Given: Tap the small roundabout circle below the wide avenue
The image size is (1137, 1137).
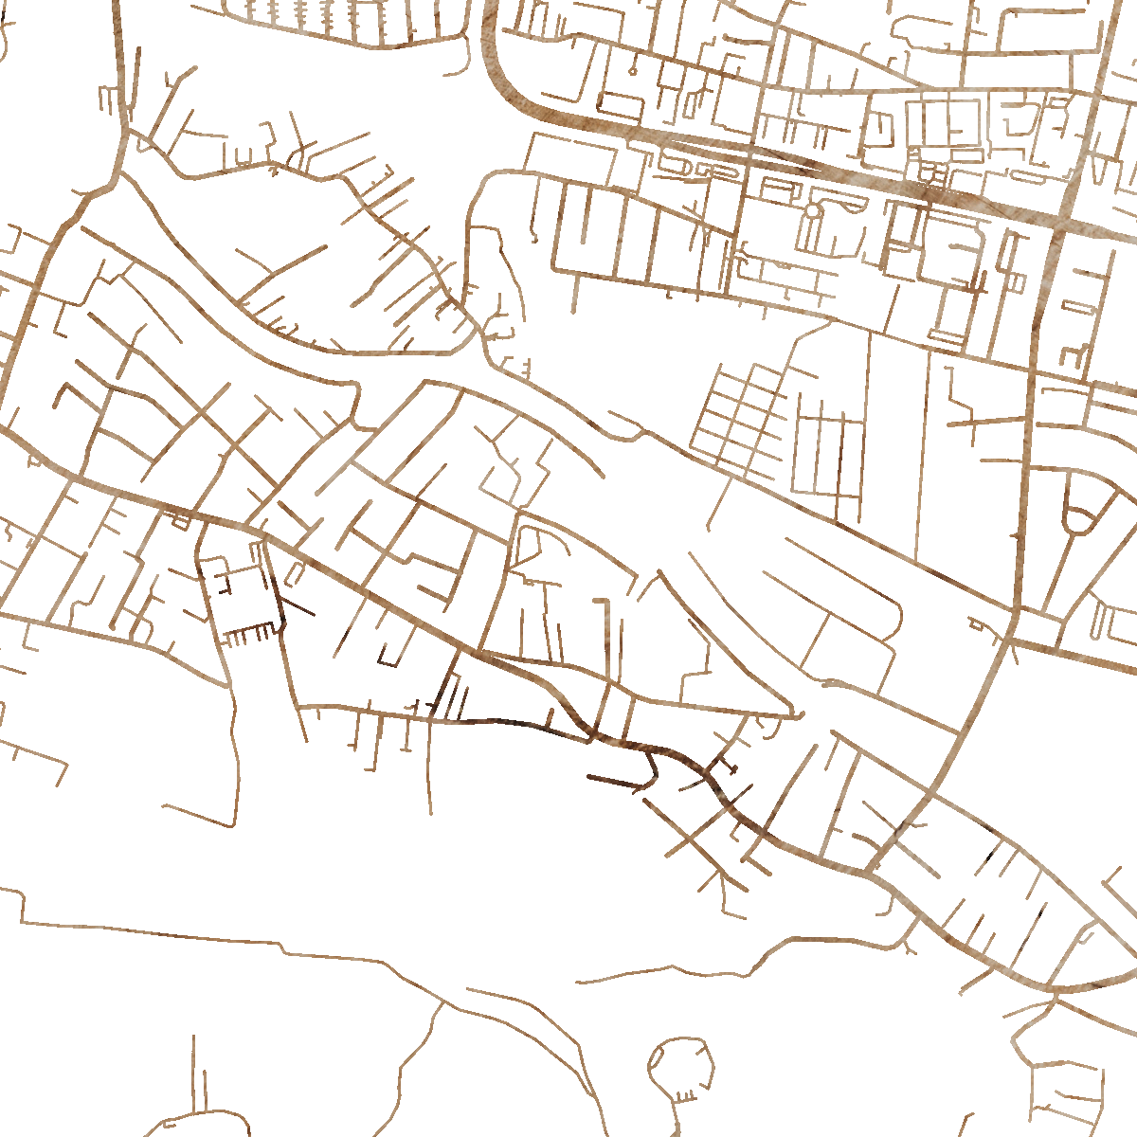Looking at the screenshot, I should [x=812, y=209].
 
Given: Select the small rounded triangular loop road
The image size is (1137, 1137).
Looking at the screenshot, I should [x=1080, y=512].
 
